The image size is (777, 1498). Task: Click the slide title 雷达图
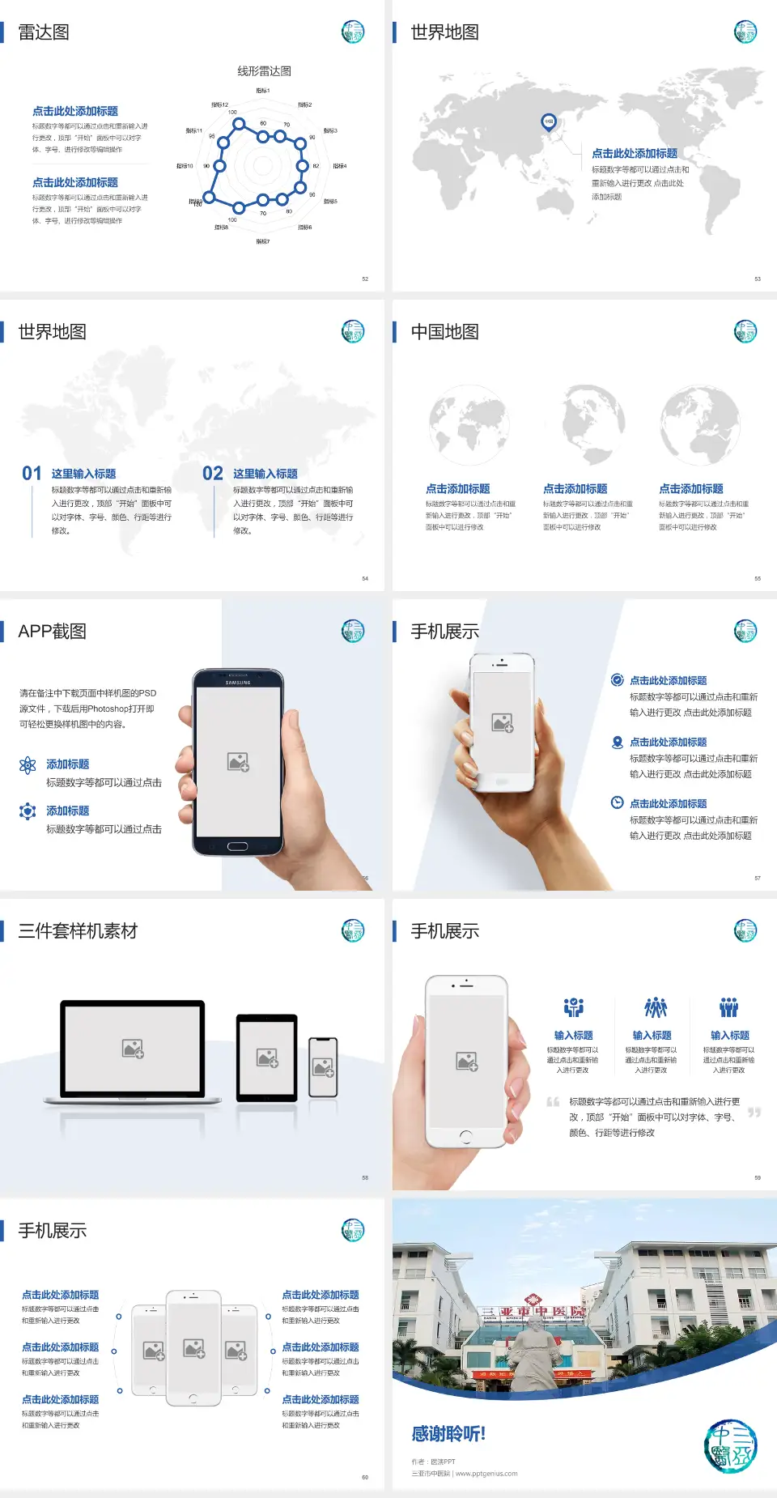coord(44,32)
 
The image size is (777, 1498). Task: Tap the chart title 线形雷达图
coord(264,71)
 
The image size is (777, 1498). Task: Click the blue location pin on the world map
coord(548,122)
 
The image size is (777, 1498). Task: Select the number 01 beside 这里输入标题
coord(32,474)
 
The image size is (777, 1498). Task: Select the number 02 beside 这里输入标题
coord(213,474)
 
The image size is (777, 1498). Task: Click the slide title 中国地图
coord(444,332)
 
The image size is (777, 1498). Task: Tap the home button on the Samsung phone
coord(237,846)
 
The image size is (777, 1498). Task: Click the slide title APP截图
coord(53,632)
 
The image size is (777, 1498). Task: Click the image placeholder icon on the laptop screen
coord(133,1049)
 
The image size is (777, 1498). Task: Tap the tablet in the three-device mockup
coord(267,1057)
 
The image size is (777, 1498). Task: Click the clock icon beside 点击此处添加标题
coord(617,802)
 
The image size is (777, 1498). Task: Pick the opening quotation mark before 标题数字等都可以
coord(553,1102)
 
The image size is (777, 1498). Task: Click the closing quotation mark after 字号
coord(754,1113)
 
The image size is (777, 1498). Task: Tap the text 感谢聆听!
coord(448,1434)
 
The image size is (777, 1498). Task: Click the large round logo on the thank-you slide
coord(730,1446)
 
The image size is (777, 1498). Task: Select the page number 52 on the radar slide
coord(365,279)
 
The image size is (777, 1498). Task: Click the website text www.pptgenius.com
coord(486,1474)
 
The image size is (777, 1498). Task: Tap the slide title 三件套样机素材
coord(78,931)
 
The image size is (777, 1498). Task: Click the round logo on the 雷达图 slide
coord(353,32)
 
